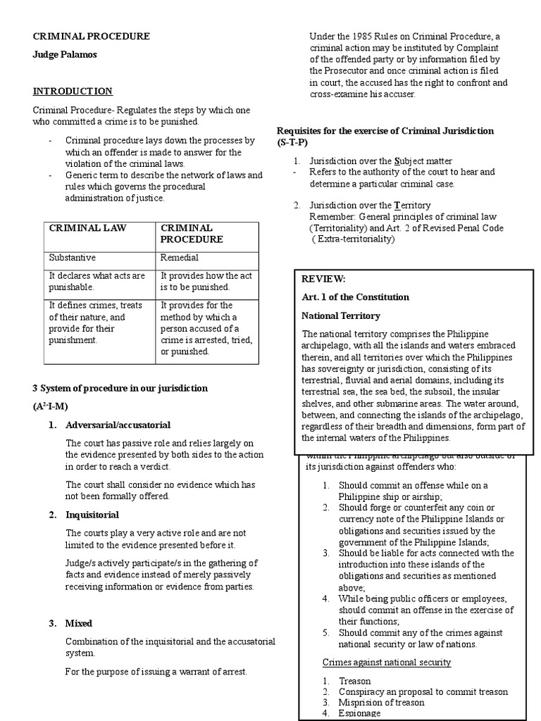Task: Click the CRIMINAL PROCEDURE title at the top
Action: [91, 36]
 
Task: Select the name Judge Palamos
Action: [63, 55]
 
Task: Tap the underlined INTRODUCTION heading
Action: [73, 92]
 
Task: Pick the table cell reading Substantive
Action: [72, 258]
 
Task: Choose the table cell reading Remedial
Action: [180, 258]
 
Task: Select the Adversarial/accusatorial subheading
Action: [118, 425]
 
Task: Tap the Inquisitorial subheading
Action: [92, 515]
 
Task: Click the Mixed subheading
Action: [79, 623]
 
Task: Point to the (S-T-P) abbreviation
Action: [292, 142]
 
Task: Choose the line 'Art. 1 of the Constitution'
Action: [355, 297]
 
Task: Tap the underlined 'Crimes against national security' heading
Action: [386, 663]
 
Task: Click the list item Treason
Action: [354, 681]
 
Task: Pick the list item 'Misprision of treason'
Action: [381, 702]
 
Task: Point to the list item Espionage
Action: [361, 713]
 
